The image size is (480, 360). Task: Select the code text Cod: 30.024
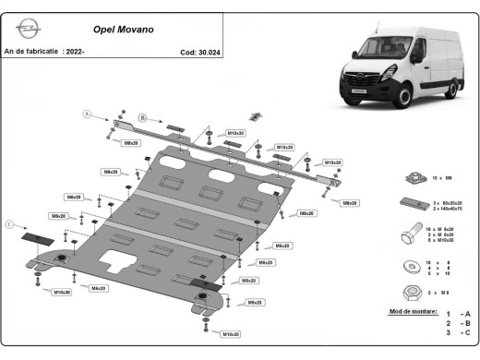[x=200, y=53]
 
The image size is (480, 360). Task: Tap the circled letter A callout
[x=89, y=114]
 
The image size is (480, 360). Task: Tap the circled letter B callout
[x=142, y=117]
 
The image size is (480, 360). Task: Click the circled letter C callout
[x=10, y=223]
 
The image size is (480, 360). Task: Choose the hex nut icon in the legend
[x=407, y=292]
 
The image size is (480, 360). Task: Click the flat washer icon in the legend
[x=407, y=267]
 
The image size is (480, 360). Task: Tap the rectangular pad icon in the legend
[x=407, y=204]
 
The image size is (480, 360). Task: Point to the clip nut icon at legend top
[x=406, y=177]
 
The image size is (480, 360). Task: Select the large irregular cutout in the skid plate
[x=124, y=261]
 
